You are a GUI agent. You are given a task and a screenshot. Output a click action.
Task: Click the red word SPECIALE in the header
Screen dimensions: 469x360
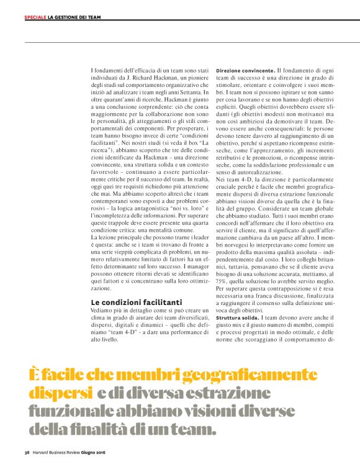tap(35, 17)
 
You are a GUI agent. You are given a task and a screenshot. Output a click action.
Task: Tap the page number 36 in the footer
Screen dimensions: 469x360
tap(27, 452)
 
